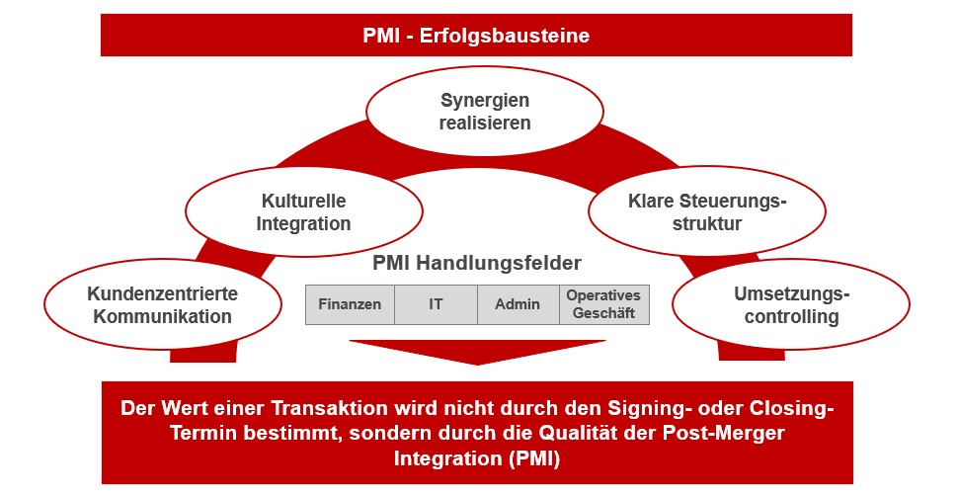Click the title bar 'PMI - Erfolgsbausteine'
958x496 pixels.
[x=476, y=36]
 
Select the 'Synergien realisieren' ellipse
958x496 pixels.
[x=484, y=112]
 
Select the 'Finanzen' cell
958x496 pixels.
[x=350, y=304]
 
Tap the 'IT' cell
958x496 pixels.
[x=436, y=304]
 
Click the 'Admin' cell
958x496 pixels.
[x=518, y=304]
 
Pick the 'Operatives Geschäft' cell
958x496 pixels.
[x=603, y=304]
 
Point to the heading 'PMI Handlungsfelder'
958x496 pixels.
[x=477, y=263]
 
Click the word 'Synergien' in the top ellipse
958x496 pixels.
[x=484, y=100]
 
